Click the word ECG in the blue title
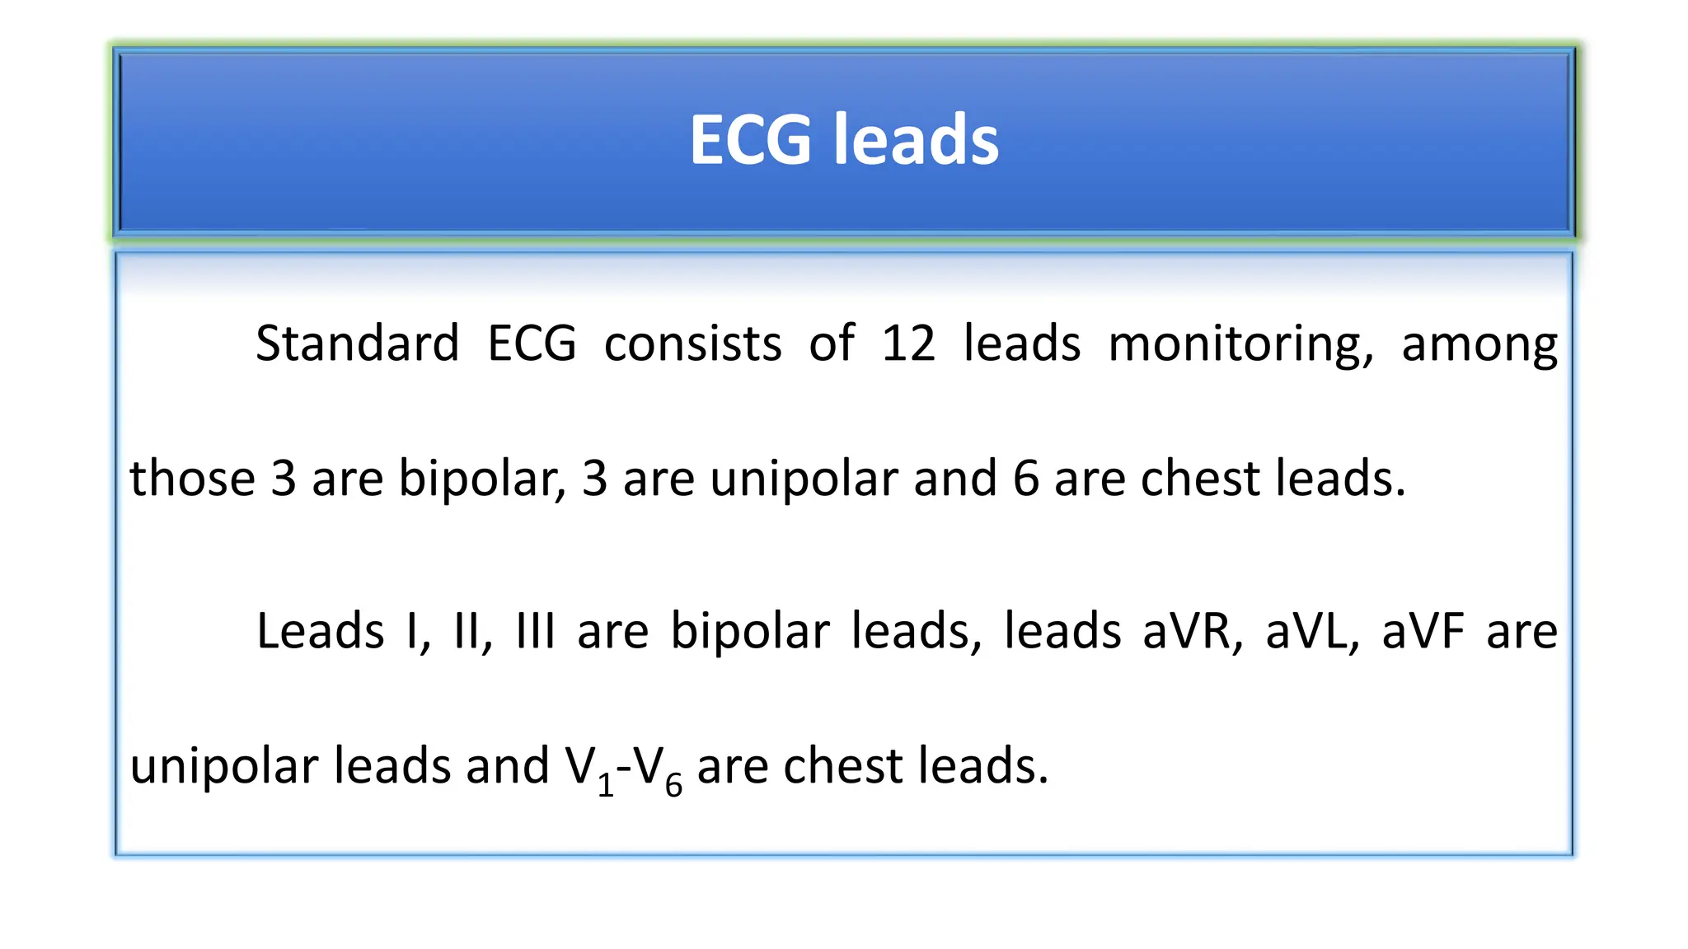point(750,140)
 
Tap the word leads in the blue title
point(917,140)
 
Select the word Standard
point(357,344)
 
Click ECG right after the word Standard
point(532,344)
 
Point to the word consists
point(692,344)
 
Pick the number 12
point(908,344)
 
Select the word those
point(193,479)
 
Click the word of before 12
point(832,344)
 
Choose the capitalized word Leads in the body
point(320,632)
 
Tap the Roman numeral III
point(535,632)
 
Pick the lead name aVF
point(1423,632)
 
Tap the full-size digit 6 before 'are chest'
point(1026,479)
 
